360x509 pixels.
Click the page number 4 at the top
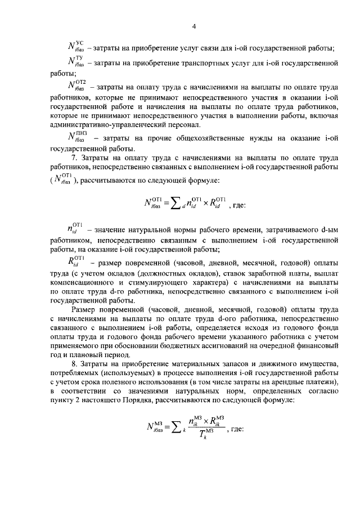[193, 26]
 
